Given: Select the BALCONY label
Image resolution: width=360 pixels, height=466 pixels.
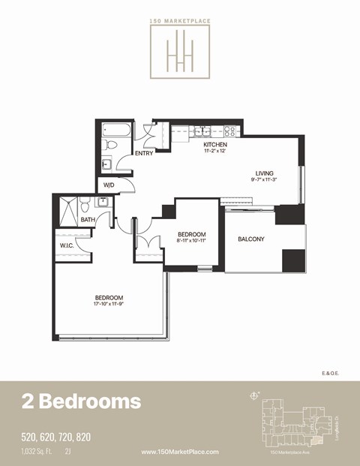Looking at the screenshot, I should click(x=251, y=239).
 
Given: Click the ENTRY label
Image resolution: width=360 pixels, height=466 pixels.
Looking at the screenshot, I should click(x=144, y=154).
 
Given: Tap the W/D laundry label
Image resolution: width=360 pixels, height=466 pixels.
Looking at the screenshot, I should click(x=109, y=185).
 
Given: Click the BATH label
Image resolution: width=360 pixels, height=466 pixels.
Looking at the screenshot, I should click(x=88, y=220).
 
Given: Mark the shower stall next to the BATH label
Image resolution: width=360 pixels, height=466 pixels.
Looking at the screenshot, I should click(x=67, y=208).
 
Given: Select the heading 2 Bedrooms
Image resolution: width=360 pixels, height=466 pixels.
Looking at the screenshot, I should click(x=80, y=401).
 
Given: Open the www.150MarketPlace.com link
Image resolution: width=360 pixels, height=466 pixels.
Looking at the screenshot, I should click(x=180, y=452).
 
